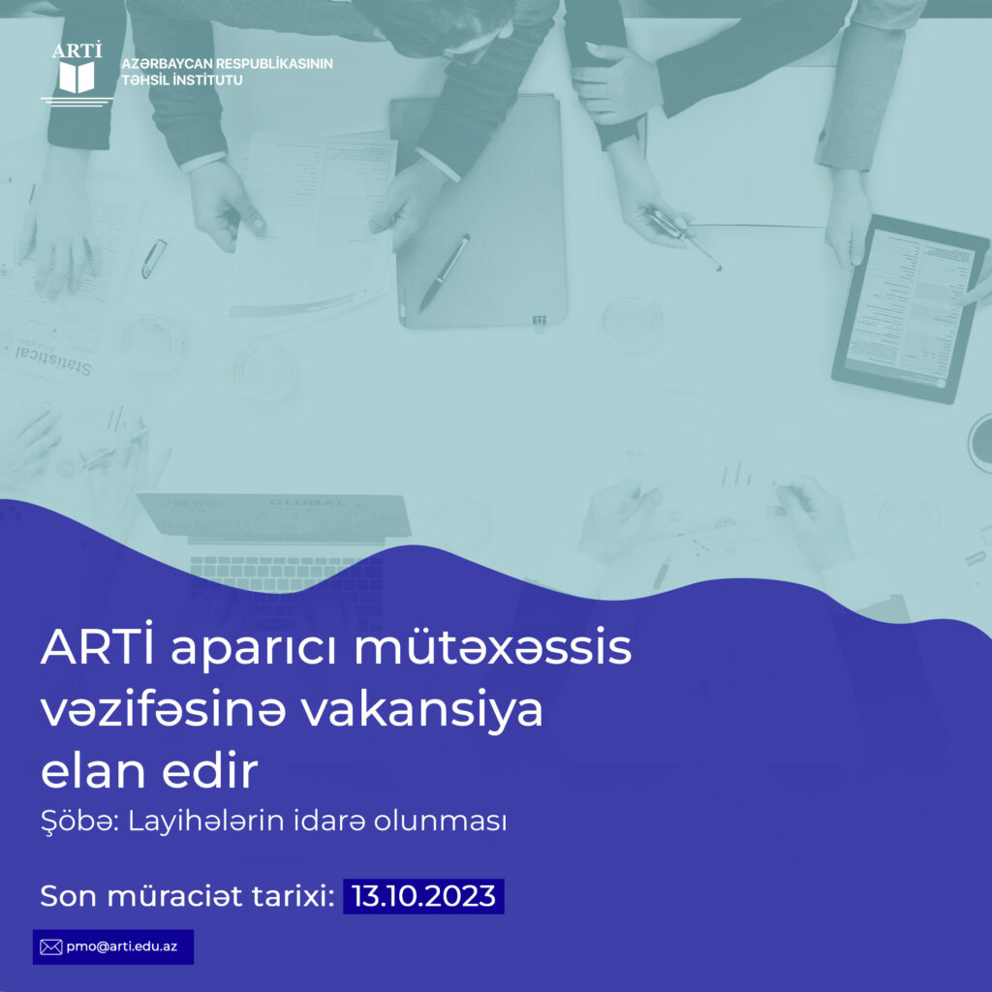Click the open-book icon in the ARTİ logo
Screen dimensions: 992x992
coord(77,77)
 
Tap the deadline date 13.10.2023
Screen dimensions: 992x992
coord(423,896)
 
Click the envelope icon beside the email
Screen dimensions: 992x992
coord(50,946)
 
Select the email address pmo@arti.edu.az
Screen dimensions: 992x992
coord(121,946)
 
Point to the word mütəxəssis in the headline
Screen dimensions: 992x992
coord(493,648)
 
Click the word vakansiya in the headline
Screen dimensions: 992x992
coord(421,710)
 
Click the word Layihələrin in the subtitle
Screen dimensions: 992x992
coord(205,821)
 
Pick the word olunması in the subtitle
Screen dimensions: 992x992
coord(440,821)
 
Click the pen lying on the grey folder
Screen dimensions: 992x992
coord(444,272)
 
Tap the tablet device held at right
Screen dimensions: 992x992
coord(910,309)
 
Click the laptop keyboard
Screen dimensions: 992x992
coord(286,573)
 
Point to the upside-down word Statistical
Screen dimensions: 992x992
coord(54,359)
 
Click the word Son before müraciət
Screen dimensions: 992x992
coord(69,896)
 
